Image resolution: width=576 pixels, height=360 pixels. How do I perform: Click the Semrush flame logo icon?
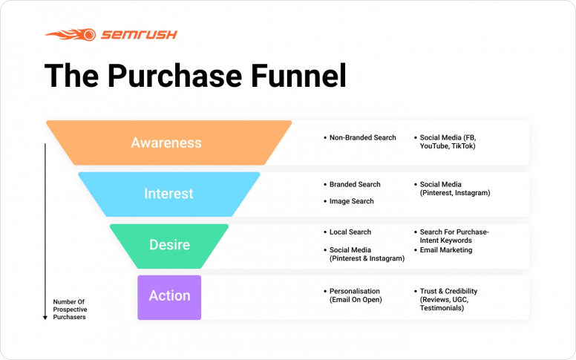(70, 34)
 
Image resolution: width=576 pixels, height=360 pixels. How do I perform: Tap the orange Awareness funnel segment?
(166, 143)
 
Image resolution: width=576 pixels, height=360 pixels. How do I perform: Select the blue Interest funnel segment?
(168, 194)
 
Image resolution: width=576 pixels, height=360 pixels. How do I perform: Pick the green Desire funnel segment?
(169, 245)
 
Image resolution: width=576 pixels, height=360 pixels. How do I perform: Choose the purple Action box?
(169, 296)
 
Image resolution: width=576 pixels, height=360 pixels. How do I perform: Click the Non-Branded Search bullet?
(362, 138)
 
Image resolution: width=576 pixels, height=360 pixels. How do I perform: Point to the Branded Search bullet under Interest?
(355, 185)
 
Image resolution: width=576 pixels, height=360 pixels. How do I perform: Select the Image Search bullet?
(351, 201)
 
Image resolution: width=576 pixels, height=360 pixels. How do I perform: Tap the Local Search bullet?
(350, 232)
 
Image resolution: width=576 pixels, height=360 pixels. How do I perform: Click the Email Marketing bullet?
(445, 250)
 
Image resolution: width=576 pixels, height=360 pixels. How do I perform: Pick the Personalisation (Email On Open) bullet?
(354, 295)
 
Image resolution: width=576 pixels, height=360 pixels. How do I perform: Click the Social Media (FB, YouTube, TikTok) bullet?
(448, 142)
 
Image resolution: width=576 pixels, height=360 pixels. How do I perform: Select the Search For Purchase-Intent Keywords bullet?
(454, 237)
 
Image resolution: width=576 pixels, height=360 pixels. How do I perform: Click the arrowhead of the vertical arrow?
(45, 317)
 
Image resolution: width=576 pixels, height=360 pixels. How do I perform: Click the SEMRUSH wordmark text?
(138, 34)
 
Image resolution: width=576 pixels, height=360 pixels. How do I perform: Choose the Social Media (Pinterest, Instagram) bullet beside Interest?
(454, 189)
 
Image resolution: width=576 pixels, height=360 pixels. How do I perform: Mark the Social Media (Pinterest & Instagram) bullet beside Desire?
(367, 255)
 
